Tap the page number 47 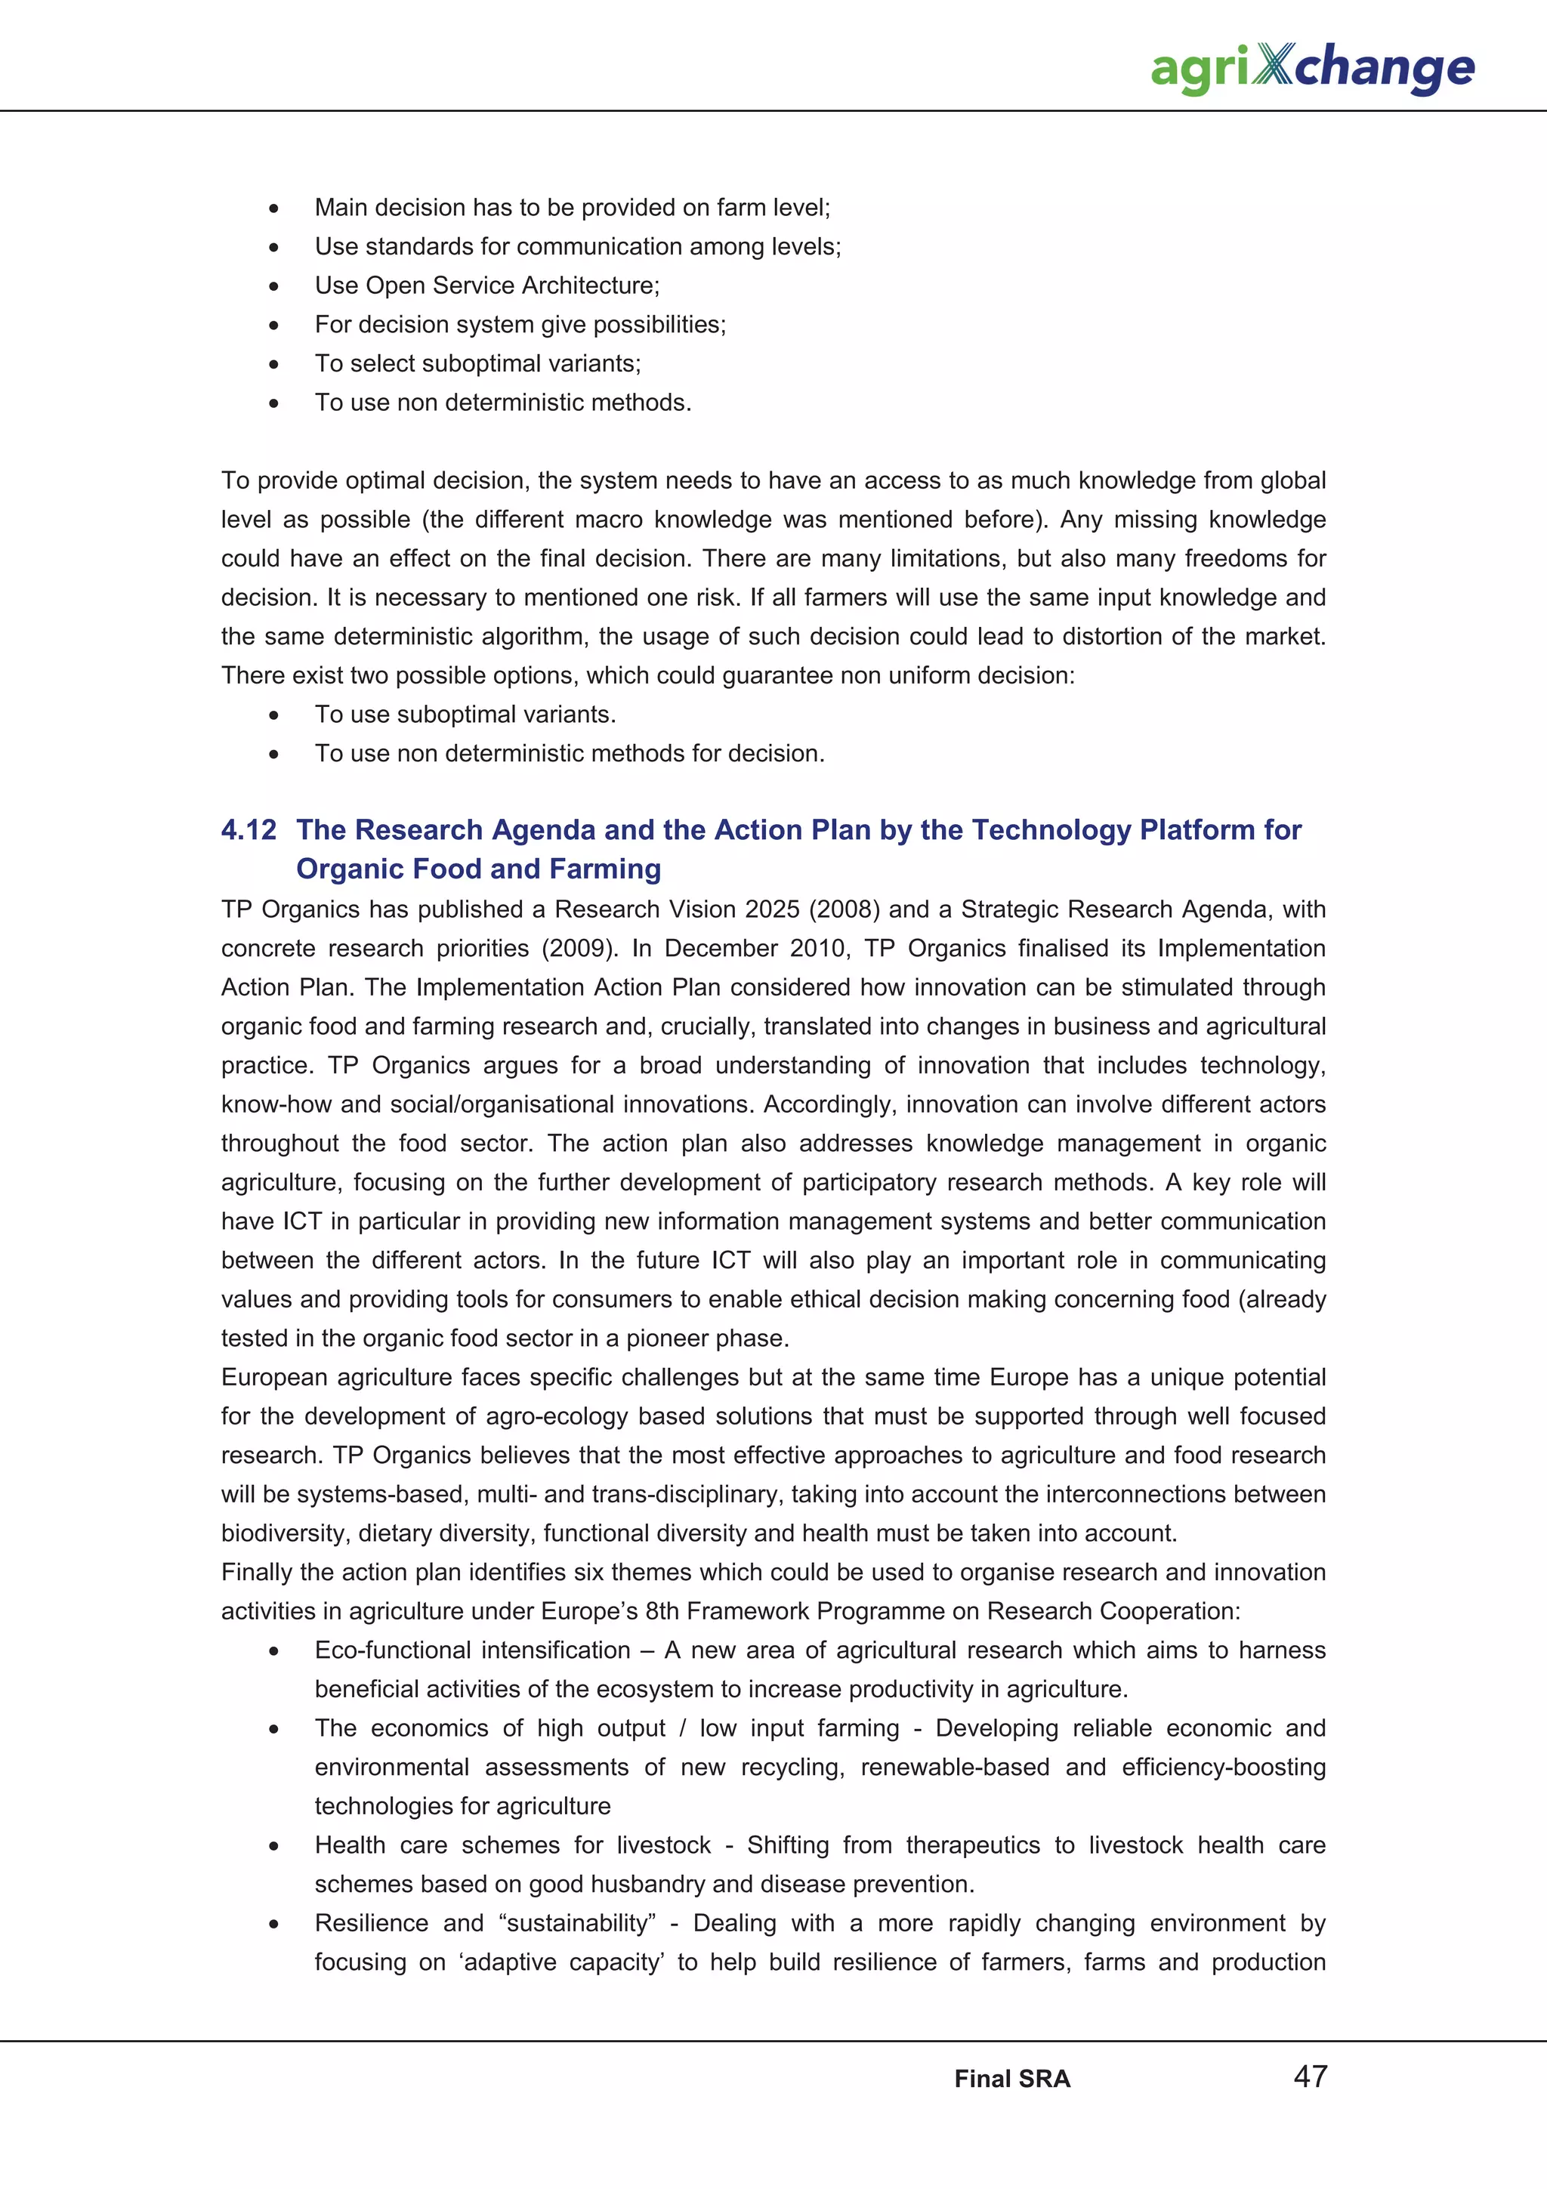click(x=1310, y=2076)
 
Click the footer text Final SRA click(x=1012, y=2079)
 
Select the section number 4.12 click(x=249, y=829)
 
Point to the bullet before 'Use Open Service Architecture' click(x=273, y=286)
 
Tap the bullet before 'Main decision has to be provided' click(x=273, y=208)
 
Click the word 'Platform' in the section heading click(x=1197, y=829)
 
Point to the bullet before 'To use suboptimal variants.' click(x=273, y=715)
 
